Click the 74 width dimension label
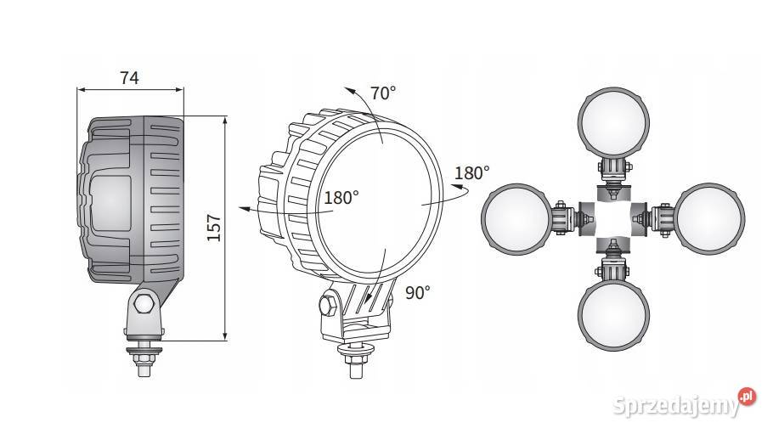(x=129, y=78)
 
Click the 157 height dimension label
(x=214, y=228)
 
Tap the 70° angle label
(x=383, y=93)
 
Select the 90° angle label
(x=418, y=292)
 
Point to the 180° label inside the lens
(x=341, y=198)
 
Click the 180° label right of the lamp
(x=471, y=173)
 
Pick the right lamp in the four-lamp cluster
(x=709, y=218)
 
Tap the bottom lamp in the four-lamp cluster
(x=613, y=315)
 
